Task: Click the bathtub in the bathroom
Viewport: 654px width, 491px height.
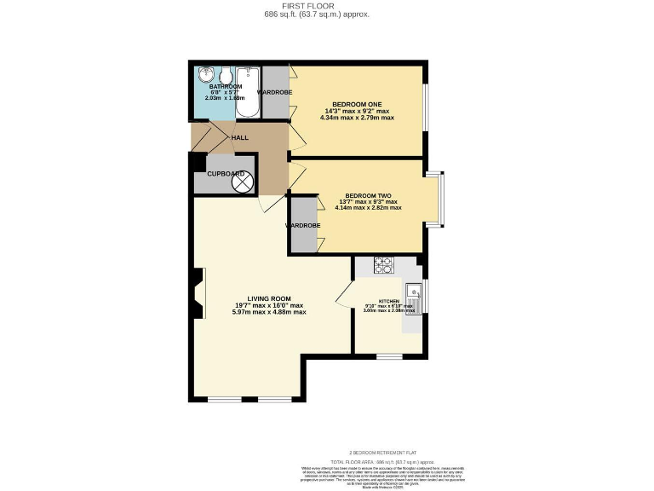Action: (x=248, y=93)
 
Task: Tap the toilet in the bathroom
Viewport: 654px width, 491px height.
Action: (x=224, y=74)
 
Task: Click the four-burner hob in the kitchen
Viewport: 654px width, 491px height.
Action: (x=383, y=265)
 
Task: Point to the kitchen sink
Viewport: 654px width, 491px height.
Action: (x=414, y=294)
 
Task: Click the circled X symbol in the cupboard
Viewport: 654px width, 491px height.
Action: (x=243, y=181)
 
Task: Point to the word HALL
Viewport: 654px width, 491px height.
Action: (x=240, y=136)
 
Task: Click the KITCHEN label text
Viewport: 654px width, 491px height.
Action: (x=388, y=302)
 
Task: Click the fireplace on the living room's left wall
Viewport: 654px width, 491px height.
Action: (x=198, y=294)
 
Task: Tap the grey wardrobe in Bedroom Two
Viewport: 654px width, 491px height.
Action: (x=303, y=224)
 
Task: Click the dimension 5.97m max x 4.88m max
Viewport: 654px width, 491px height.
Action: (x=268, y=313)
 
